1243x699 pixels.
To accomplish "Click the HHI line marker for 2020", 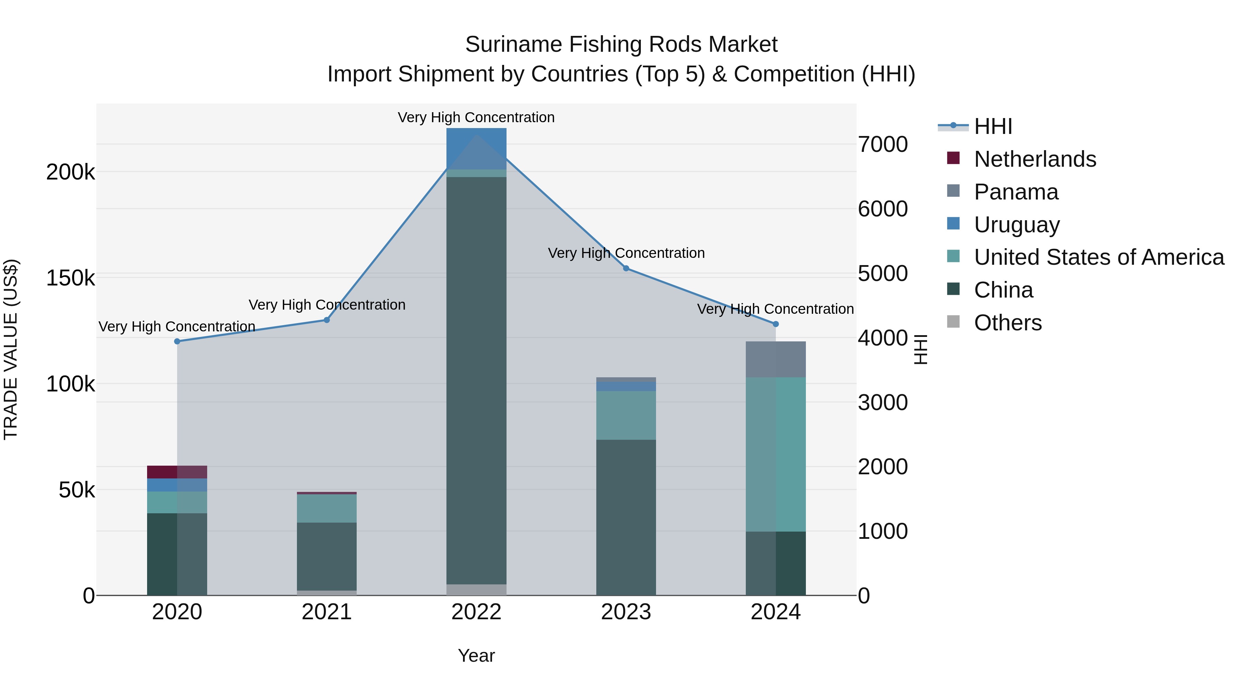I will coord(177,341).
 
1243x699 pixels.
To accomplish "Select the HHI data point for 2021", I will coord(327,320).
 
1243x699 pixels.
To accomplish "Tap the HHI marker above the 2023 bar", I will coord(626,268).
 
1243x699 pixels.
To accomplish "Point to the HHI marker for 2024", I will coord(776,324).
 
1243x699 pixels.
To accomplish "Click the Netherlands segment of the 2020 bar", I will coord(177,472).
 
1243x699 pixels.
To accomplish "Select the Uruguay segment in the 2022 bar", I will coord(476,148).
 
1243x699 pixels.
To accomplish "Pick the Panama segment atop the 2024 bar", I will coord(776,359).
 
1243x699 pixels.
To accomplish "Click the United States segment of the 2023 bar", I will coord(626,415).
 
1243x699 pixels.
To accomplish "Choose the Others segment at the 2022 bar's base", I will coord(476,590).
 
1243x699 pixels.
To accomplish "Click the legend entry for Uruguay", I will coord(1017,225).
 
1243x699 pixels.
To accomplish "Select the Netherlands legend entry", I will coord(1035,159).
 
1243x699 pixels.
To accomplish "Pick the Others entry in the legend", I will coord(1008,323).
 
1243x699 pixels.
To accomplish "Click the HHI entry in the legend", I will coord(993,126).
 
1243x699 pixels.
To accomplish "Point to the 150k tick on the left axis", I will coord(70,278).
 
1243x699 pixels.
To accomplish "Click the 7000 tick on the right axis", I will coord(883,144).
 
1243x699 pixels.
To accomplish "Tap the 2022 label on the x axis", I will coord(476,612).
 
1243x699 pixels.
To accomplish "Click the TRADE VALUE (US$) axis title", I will coord(11,349).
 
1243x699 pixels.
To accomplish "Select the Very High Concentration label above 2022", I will coord(476,118).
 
